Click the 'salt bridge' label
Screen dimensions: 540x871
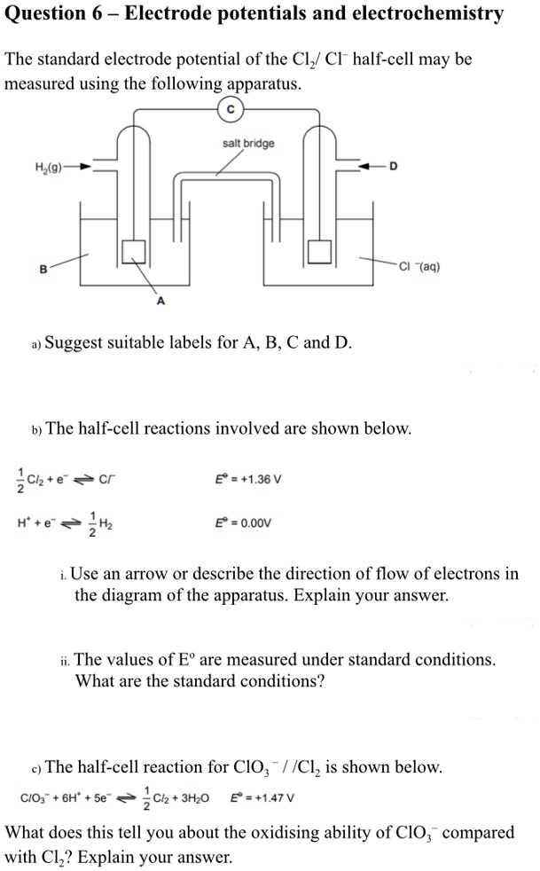pos(248,143)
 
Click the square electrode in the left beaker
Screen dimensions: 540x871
pos(134,251)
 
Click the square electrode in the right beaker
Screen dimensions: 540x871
pos(319,251)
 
